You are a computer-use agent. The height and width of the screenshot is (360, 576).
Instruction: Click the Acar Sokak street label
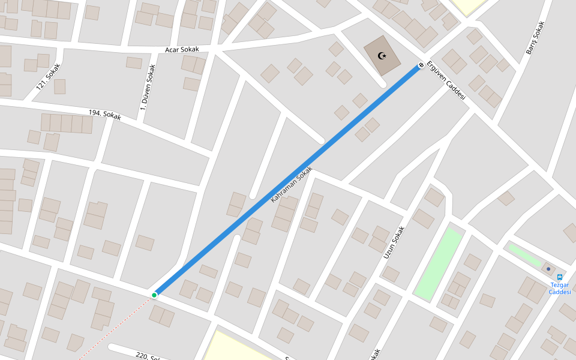(182, 49)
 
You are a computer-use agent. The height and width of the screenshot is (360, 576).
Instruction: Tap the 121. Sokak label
(49, 77)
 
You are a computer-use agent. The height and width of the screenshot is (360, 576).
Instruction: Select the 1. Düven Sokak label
(148, 88)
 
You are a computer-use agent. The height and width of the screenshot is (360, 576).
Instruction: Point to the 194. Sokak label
(104, 115)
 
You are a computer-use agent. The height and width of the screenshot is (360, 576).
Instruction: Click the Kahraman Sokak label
(292, 184)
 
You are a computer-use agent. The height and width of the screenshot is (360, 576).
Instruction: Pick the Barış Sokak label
(535, 38)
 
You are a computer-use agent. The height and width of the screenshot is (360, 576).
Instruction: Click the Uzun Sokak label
(394, 242)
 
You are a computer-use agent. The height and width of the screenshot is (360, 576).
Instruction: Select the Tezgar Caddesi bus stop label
(559, 289)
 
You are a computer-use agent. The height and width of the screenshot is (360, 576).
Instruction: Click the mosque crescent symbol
(382, 56)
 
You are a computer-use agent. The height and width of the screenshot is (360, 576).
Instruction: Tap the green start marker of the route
(154, 295)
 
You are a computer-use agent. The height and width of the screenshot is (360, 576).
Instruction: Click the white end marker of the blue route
(421, 65)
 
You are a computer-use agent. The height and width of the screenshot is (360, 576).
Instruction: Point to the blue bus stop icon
(560, 277)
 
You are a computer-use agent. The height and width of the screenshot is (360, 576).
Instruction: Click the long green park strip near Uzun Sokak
(439, 264)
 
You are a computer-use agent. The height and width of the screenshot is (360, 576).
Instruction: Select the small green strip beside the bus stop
(524, 255)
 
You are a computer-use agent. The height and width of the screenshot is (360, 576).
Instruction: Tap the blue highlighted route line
(288, 180)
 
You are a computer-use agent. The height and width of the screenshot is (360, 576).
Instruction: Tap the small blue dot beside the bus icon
(548, 269)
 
